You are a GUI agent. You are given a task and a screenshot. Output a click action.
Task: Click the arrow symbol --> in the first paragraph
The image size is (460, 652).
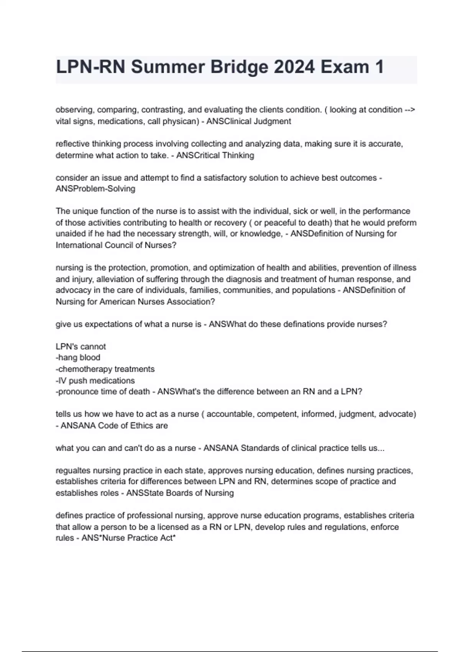(x=410, y=110)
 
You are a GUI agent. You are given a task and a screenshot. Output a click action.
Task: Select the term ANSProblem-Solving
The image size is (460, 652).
(x=95, y=189)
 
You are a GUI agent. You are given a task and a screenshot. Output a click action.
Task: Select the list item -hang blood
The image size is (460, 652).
(x=78, y=357)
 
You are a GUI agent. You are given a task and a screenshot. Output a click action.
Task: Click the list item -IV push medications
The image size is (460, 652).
(x=95, y=380)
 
